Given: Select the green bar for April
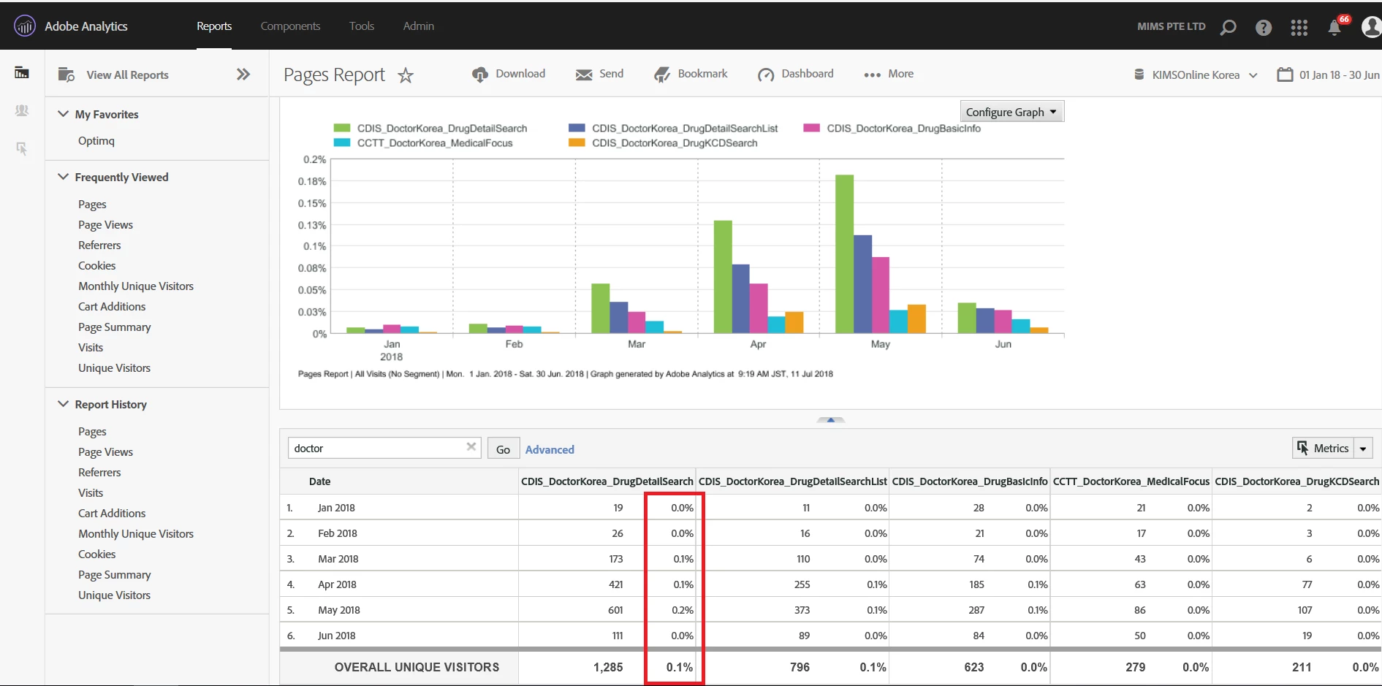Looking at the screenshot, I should (723, 277).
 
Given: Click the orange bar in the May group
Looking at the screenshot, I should (916, 319).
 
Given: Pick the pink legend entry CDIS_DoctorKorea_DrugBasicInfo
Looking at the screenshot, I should (903, 129).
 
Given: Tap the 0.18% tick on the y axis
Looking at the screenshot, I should (312, 181).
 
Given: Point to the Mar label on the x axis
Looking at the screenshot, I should (637, 344).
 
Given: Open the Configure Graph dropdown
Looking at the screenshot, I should (1011, 112).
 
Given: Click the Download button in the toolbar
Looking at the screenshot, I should (509, 74).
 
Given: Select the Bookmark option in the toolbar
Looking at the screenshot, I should (691, 74).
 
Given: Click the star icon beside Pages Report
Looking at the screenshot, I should (406, 75).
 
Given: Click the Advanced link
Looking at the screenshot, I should (550, 449).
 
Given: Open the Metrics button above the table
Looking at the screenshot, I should (1324, 449).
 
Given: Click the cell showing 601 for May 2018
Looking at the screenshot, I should (615, 610).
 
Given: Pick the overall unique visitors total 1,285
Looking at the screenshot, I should (608, 667).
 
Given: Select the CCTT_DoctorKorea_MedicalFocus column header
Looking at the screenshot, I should (1131, 481).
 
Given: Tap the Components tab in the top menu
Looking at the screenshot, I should (290, 26).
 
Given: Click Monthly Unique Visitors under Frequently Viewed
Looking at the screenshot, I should (136, 286).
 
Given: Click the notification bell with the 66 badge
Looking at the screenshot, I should (1334, 28).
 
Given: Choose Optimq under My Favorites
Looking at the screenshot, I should (96, 141).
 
